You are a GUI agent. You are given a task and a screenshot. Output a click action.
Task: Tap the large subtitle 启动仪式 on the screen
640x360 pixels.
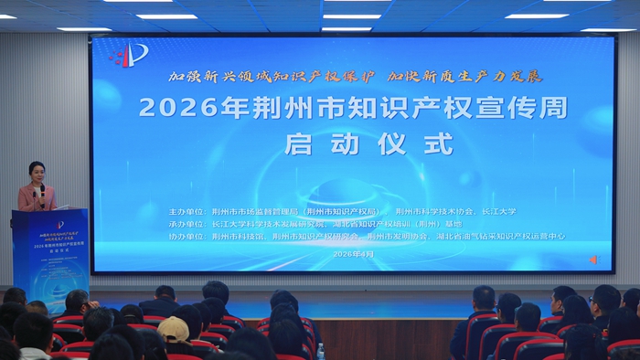[368, 143]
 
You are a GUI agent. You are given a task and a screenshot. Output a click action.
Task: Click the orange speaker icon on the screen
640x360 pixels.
[593, 259]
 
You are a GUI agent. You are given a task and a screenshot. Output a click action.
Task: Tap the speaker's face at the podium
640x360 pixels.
[37, 173]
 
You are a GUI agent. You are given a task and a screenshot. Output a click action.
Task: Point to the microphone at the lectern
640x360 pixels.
[42, 191]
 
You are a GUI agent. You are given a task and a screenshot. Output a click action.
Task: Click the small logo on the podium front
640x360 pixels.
[59, 225]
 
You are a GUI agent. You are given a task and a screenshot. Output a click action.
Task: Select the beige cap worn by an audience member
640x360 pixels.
[173, 327]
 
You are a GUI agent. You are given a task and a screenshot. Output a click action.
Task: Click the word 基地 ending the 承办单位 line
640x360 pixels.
[453, 222]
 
